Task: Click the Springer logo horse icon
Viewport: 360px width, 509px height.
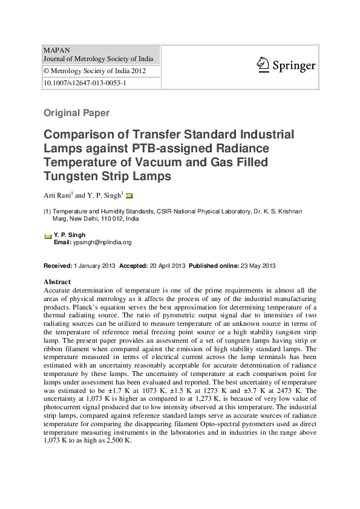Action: [262, 63]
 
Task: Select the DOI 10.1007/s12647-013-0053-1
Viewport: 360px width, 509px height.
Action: [84, 83]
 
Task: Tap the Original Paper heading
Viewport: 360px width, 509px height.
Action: [76, 112]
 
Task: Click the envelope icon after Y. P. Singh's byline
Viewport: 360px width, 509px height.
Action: [129, 195]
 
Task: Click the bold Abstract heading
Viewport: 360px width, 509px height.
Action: [57, 282]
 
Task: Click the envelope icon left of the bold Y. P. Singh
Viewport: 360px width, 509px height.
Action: [48, 236]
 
